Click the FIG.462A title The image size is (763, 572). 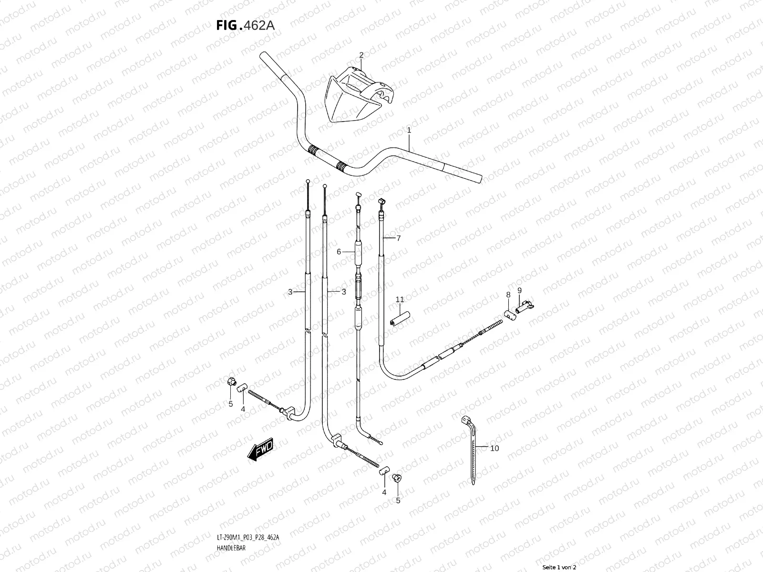245,25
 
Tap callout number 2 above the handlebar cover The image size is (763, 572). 361,55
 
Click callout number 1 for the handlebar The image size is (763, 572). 409,130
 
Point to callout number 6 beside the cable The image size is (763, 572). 339,252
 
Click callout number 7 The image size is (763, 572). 398,238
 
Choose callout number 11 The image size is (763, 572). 400,299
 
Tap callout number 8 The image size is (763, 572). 508,295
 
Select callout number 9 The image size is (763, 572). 519,290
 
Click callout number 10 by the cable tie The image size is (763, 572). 495,448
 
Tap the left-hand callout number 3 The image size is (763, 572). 290,292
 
